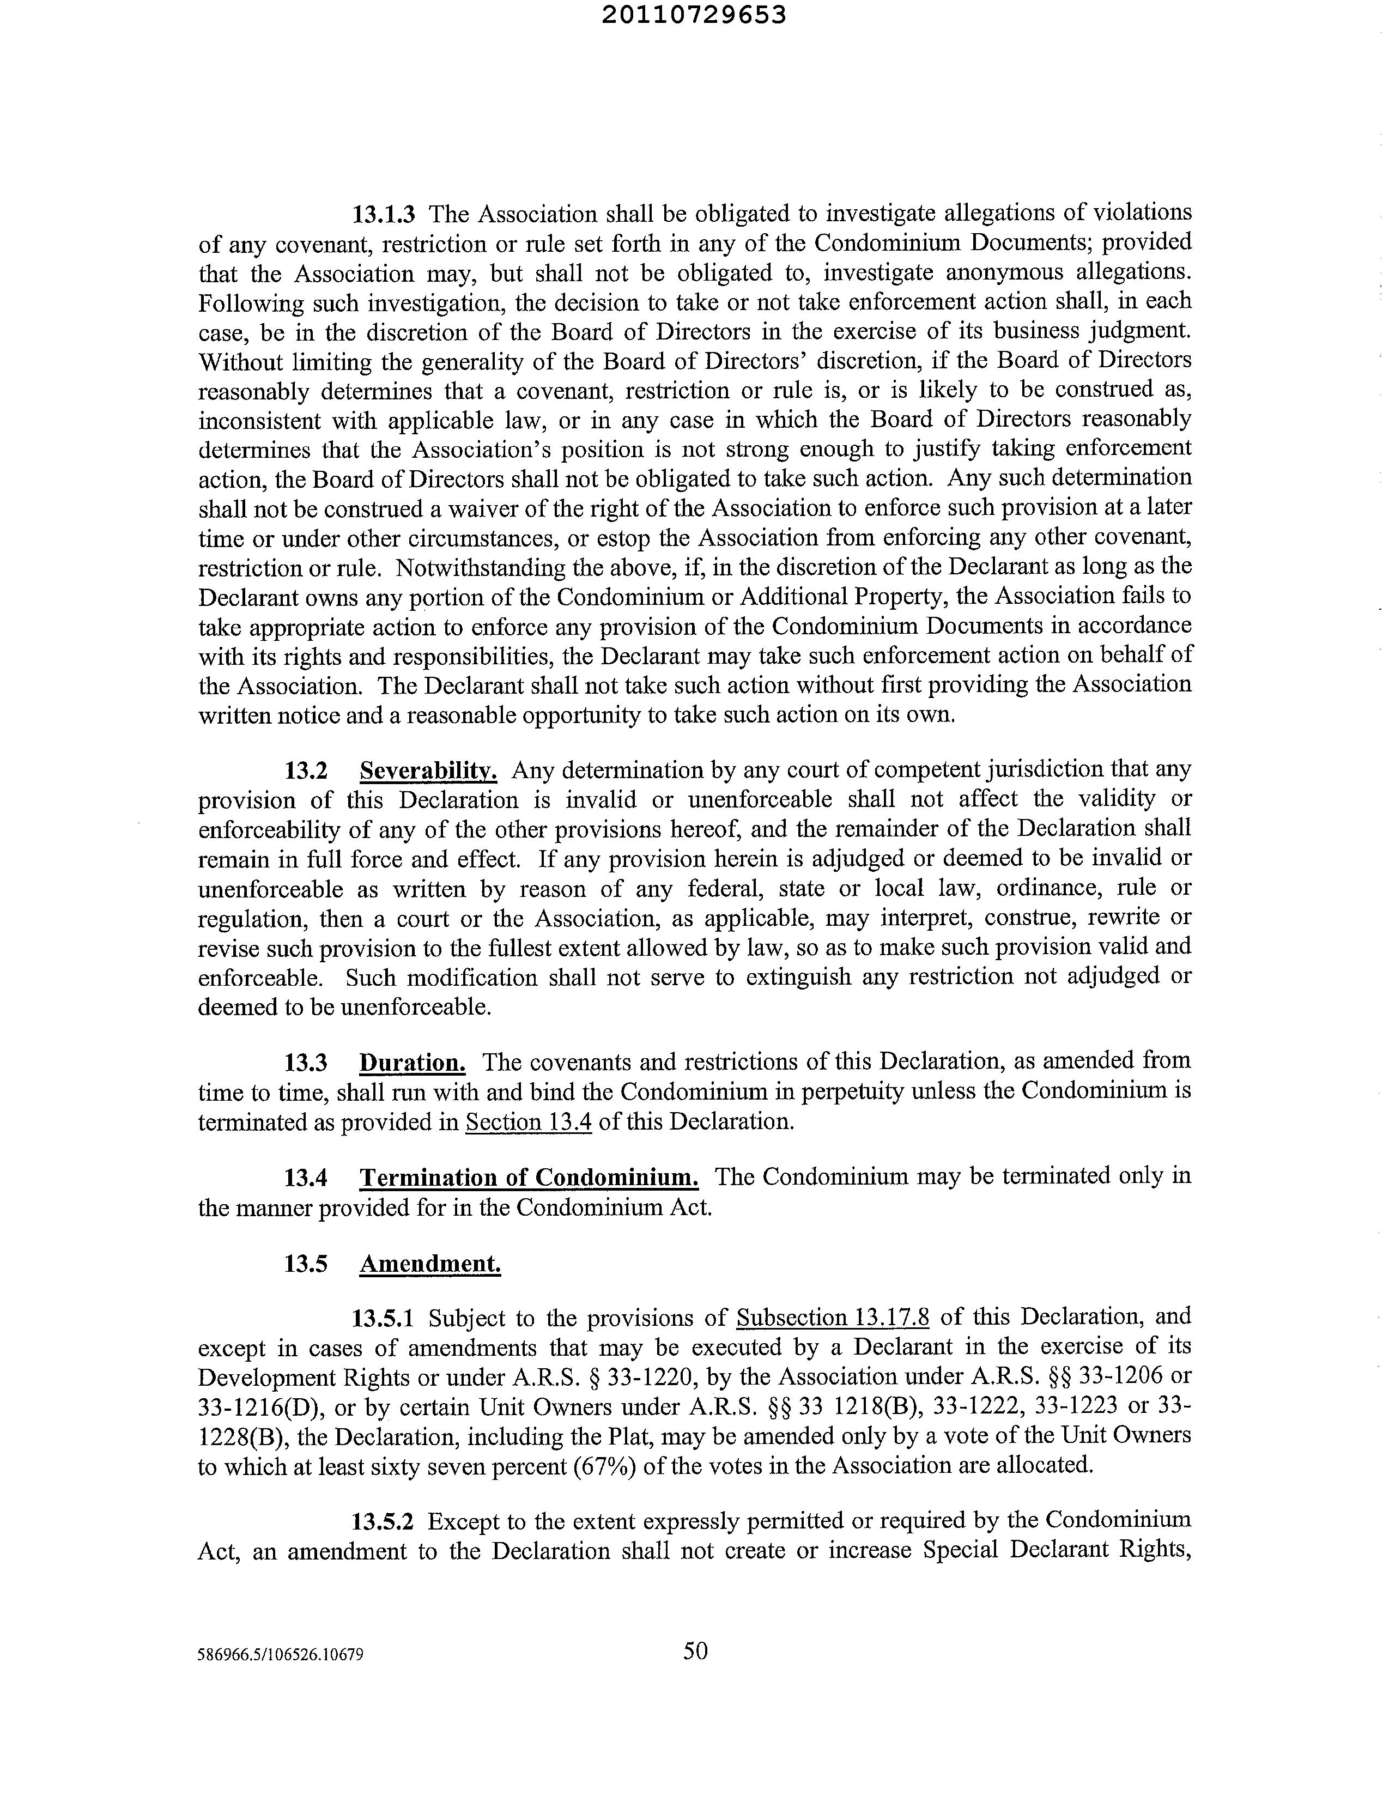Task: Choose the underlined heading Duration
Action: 412,1063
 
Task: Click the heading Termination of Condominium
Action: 529,1178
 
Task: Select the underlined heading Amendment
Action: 430,1263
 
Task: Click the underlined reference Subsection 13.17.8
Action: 833,1318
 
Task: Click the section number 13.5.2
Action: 383,1521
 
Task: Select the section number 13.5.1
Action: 383,1318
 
